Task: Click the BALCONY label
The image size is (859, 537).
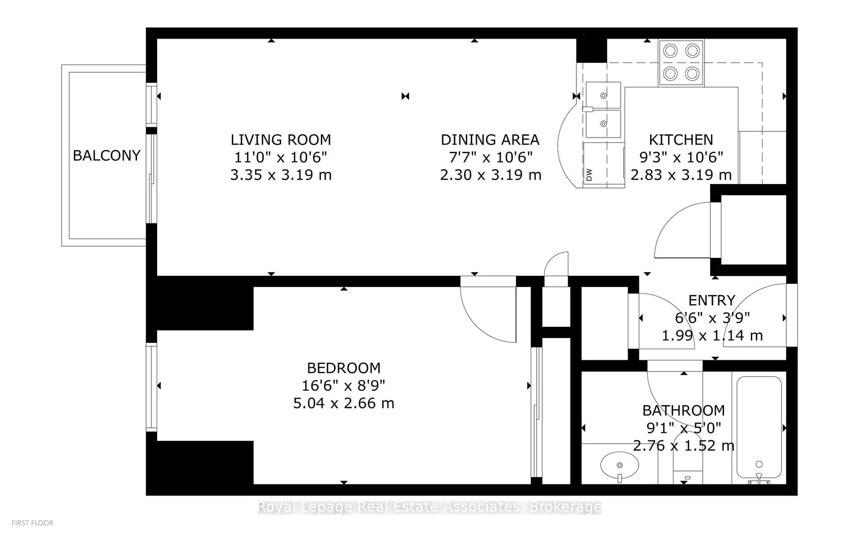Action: [x=106, y=156]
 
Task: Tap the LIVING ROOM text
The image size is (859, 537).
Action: [x=281, y=140]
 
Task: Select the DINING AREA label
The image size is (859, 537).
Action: [x=490, y=140]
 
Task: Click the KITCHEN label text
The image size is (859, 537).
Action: [x=681, y=140]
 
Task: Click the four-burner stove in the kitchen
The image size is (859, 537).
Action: [x=681, y=62]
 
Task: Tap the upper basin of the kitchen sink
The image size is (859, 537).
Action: [x=603, y=95]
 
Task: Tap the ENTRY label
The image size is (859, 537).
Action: [x=712, y=300]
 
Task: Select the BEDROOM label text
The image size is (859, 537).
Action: [x=344, y=368]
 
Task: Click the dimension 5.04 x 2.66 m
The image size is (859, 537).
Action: [x=344, y=403]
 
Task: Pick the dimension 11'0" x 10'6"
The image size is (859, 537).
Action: [x=281, y=157]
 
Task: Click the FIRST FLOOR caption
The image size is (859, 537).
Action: [x=32, y=523]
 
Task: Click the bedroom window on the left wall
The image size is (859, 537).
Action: [x=152, y=387]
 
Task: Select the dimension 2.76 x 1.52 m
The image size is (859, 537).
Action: [x=683, y=445]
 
